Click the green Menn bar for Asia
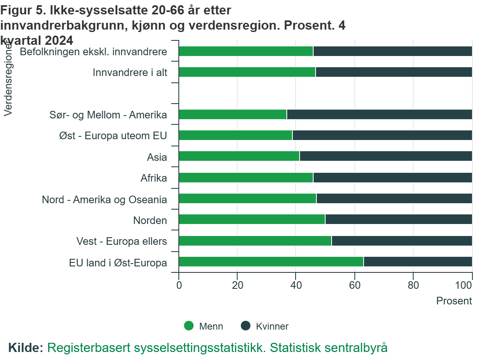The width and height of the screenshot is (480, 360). coord(239,156)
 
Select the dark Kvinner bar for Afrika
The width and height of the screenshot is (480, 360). coord(392,178)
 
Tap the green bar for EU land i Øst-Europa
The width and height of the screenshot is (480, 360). coord(271,262)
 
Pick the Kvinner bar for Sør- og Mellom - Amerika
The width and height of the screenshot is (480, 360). coord(379,114)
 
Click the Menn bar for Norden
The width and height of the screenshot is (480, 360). coord(252,220)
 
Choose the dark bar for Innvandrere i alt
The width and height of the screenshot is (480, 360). coord(394,72)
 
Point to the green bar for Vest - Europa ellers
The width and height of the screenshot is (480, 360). coord(255,241)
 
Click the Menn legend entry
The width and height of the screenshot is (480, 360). coord(203,326)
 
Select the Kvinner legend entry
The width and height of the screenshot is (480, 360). coord(264,326)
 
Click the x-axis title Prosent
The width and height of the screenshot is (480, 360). coord(454,301)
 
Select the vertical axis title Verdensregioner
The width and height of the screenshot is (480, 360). coord(8,80)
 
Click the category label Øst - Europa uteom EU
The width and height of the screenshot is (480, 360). coord(113,136)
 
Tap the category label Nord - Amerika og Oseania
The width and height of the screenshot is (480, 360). coord(104,199)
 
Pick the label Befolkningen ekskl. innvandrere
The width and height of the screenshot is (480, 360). coord(93,51)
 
